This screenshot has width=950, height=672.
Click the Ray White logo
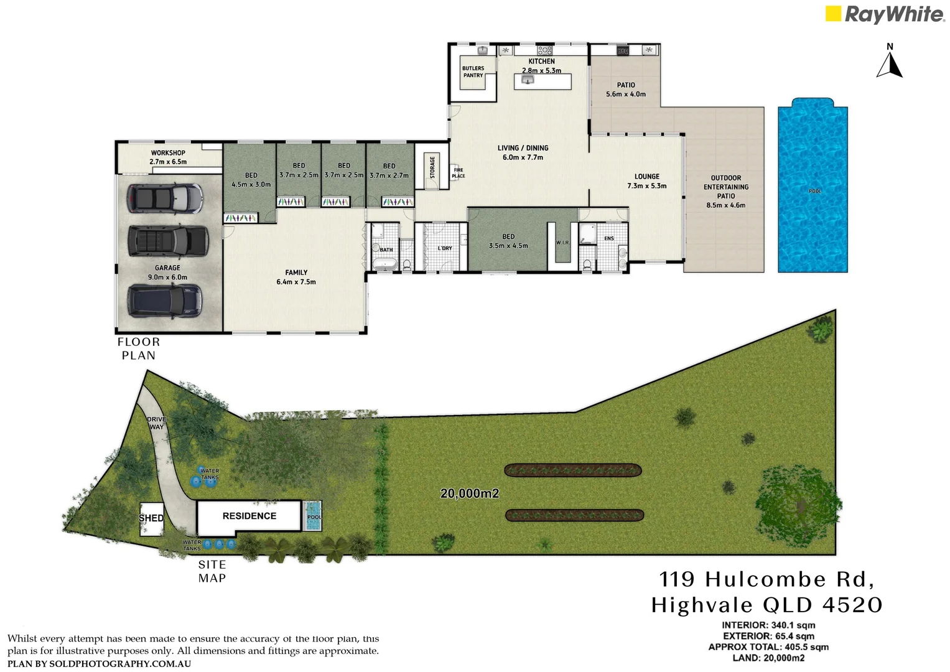tap(884, 14)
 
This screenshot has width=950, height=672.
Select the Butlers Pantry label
tap(473, 72)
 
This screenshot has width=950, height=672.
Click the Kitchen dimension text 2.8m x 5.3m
tap(541, 71)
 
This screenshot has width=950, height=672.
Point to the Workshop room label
tap(168, 153)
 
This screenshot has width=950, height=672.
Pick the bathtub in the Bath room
tap(384, 264)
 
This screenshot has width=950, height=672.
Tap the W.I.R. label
tap(562, 243)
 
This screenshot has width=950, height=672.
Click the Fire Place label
tap(459, 173)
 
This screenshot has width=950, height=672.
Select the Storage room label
tap(432, 167)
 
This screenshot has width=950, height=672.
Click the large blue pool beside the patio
tap(813, 187)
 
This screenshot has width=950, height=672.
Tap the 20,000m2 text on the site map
tap(470, 493)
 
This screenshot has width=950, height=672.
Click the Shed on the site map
tap(151, 518)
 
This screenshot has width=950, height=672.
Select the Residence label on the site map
tap(249, 516)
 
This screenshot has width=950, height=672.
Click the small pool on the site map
tap(314, 516)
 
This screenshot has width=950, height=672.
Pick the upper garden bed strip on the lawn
tap(572, 470)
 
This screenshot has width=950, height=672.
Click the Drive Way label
tap(156, 423)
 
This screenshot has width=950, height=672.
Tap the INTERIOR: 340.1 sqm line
tap(768, 625)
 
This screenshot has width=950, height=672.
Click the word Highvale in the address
tap(702, 605)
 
